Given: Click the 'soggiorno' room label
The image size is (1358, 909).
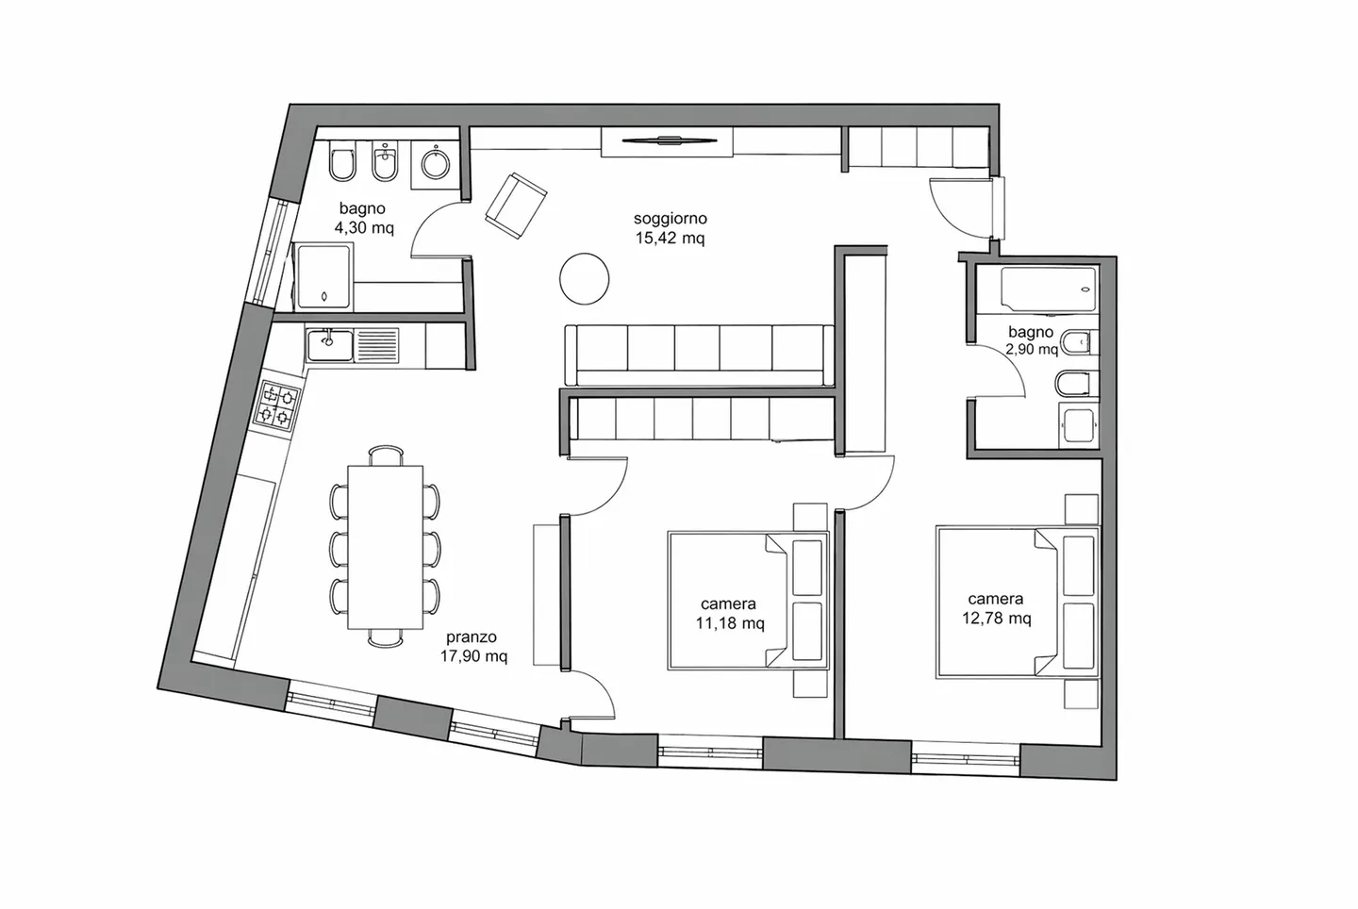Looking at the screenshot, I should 670,219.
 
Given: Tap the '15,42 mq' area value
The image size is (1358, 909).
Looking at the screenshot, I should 670,239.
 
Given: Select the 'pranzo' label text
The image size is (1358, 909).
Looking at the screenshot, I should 472,636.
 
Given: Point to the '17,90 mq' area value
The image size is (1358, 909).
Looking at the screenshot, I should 473,656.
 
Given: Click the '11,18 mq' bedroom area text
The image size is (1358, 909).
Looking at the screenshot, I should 728,623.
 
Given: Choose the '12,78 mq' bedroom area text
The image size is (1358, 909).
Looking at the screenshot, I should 996,619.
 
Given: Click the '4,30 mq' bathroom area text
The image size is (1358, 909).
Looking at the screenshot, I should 363,227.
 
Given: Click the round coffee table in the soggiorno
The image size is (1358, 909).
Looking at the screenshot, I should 584,279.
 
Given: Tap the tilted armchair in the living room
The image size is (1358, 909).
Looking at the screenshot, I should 515,206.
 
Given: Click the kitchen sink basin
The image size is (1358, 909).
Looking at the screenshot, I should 329,345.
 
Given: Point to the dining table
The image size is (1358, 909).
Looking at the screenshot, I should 385,547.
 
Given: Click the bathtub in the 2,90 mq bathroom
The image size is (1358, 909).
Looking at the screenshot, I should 1048,289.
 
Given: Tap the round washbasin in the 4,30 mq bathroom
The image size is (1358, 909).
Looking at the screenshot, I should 435,166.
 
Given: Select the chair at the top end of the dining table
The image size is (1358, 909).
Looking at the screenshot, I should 385,454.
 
